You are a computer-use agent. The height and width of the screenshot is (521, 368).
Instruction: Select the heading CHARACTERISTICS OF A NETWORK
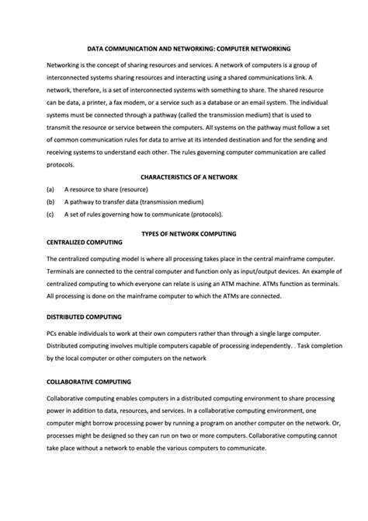click(189, 177)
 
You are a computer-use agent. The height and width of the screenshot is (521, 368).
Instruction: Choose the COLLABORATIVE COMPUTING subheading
click(89, 382)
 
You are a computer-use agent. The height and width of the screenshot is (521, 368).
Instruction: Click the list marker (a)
click(50, 189)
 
